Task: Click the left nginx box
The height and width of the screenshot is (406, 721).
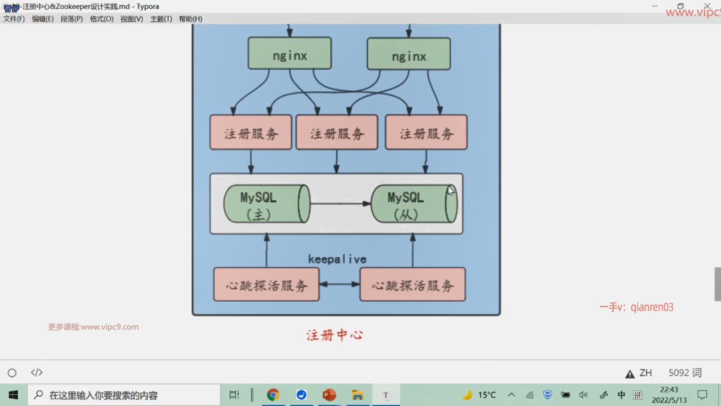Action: (290, 53)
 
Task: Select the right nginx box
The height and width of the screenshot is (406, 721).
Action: (409, 54)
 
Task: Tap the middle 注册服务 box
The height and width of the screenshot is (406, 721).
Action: (337, 132)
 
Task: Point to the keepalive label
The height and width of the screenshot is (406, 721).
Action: (337, 259)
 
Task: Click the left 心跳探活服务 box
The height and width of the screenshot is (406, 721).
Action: (266, 285)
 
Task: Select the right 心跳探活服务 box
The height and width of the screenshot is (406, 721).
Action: (412, 285)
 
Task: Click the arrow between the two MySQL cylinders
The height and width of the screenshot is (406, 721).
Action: (340, 204)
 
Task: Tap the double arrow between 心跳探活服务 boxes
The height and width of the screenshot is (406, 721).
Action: (339, 284)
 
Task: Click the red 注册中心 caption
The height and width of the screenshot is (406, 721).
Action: (335, 335)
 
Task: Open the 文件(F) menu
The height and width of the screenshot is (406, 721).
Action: (14, 19)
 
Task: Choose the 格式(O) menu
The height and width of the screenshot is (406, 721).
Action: (101, 19)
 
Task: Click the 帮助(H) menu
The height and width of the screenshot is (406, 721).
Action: (190, 19)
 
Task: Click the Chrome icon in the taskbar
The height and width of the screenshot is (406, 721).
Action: (273, 395)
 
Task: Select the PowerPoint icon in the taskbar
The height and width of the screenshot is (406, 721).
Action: (329, 395)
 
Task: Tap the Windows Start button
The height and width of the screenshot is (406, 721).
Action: (14, 395)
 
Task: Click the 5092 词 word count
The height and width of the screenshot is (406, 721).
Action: (685, 373)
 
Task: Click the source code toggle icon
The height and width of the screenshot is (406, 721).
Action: (36, 373)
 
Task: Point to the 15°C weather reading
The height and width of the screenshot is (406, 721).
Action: (487, 395)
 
